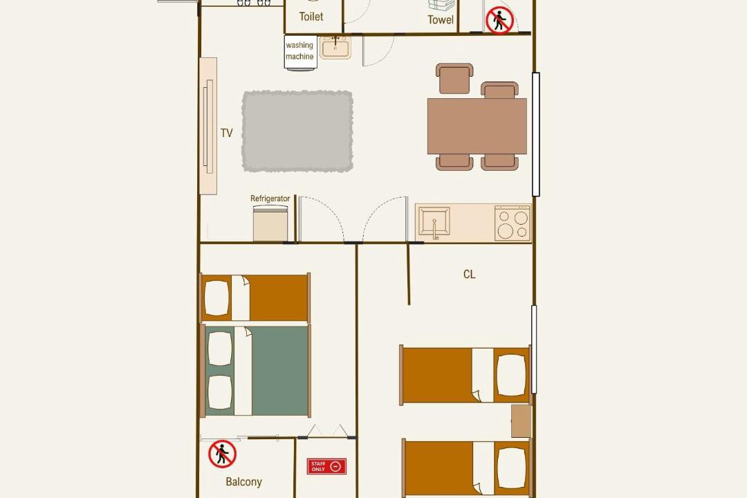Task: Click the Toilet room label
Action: (x=311, y=17)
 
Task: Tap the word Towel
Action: (x=441, y=19)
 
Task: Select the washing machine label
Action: (x=299, y=50)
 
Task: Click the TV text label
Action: (x=227, y=133)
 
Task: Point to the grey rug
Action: (x=297, y=131)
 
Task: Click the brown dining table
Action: (x=477, y=127)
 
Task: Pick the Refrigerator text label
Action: (x=270, y=199)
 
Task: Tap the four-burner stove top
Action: (x=513, y=223)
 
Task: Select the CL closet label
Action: (x=469, y=274)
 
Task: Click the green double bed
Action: (x=257, y=371)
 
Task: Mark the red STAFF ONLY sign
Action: (x=326, y=466)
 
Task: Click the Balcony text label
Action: (x=244, y=482)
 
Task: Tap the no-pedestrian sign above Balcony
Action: (x=223, y=454)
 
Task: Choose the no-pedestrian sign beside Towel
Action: (x=500, y=21)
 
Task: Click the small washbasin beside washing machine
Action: (x=335, y=47)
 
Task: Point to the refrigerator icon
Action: (x=270, y=223)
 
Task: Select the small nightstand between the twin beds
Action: (x=522, y=421)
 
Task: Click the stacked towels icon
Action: (x=441, y=6)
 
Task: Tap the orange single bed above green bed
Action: (x=255, y=298)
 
